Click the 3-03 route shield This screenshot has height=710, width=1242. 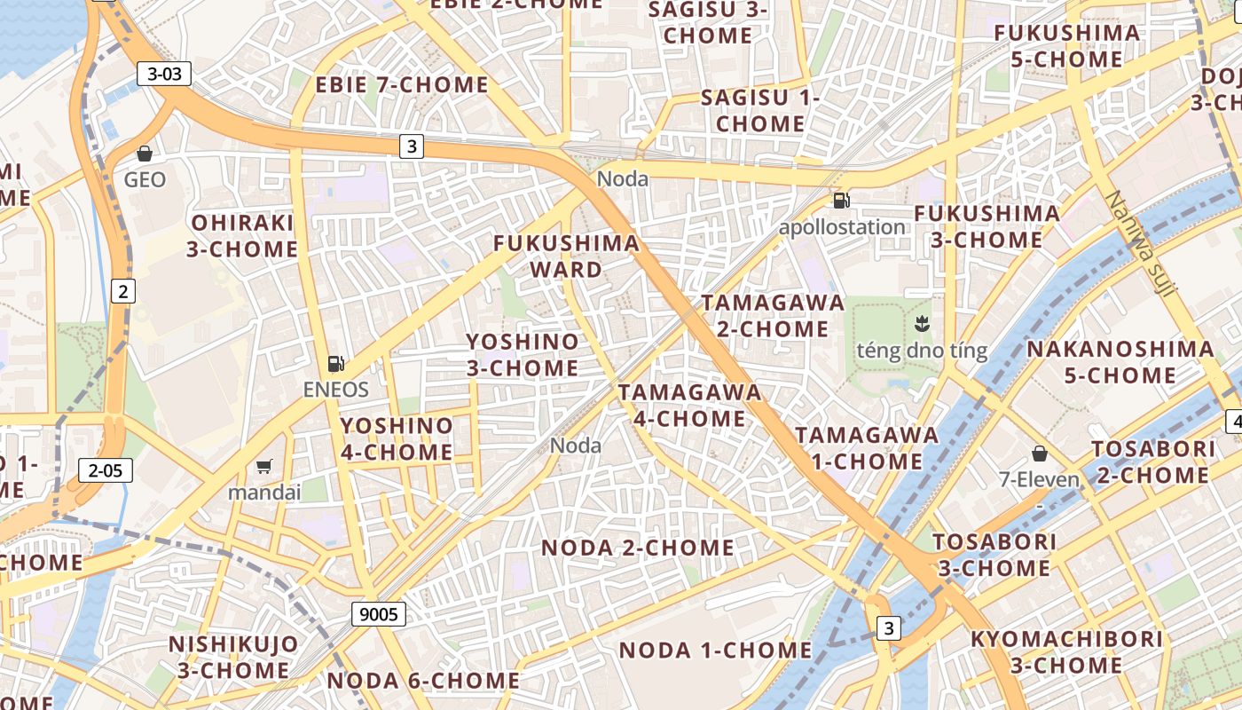pos(164,75)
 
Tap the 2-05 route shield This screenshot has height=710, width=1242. pos(105,470)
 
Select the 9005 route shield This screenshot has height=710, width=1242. pos(379,613)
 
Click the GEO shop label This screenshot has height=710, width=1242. pos(145,180)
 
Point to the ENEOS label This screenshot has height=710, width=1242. pos(335,390)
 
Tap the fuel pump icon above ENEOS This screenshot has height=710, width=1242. pos(335,363)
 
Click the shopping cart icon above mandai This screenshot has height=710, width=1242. pos(263,466)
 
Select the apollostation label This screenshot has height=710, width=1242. pos(842,227)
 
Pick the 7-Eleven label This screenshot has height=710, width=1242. pos(1039,480)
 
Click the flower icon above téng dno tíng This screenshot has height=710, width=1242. pos(921,324)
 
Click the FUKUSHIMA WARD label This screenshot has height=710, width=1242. pos(566,256)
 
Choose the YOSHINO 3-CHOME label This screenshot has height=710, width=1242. pos(523,355)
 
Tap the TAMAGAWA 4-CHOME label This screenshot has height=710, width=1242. pos(689,406)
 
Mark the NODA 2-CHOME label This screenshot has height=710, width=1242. pos(638,548)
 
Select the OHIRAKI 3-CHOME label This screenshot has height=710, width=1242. pos(242,236)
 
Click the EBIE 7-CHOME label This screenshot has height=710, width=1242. pos(402,85)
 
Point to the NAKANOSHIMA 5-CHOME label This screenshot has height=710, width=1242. pos(1120,362)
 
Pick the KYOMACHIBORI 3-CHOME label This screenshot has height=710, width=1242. pos(1066,652)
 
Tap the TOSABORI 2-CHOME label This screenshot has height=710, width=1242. pos(1153,462)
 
